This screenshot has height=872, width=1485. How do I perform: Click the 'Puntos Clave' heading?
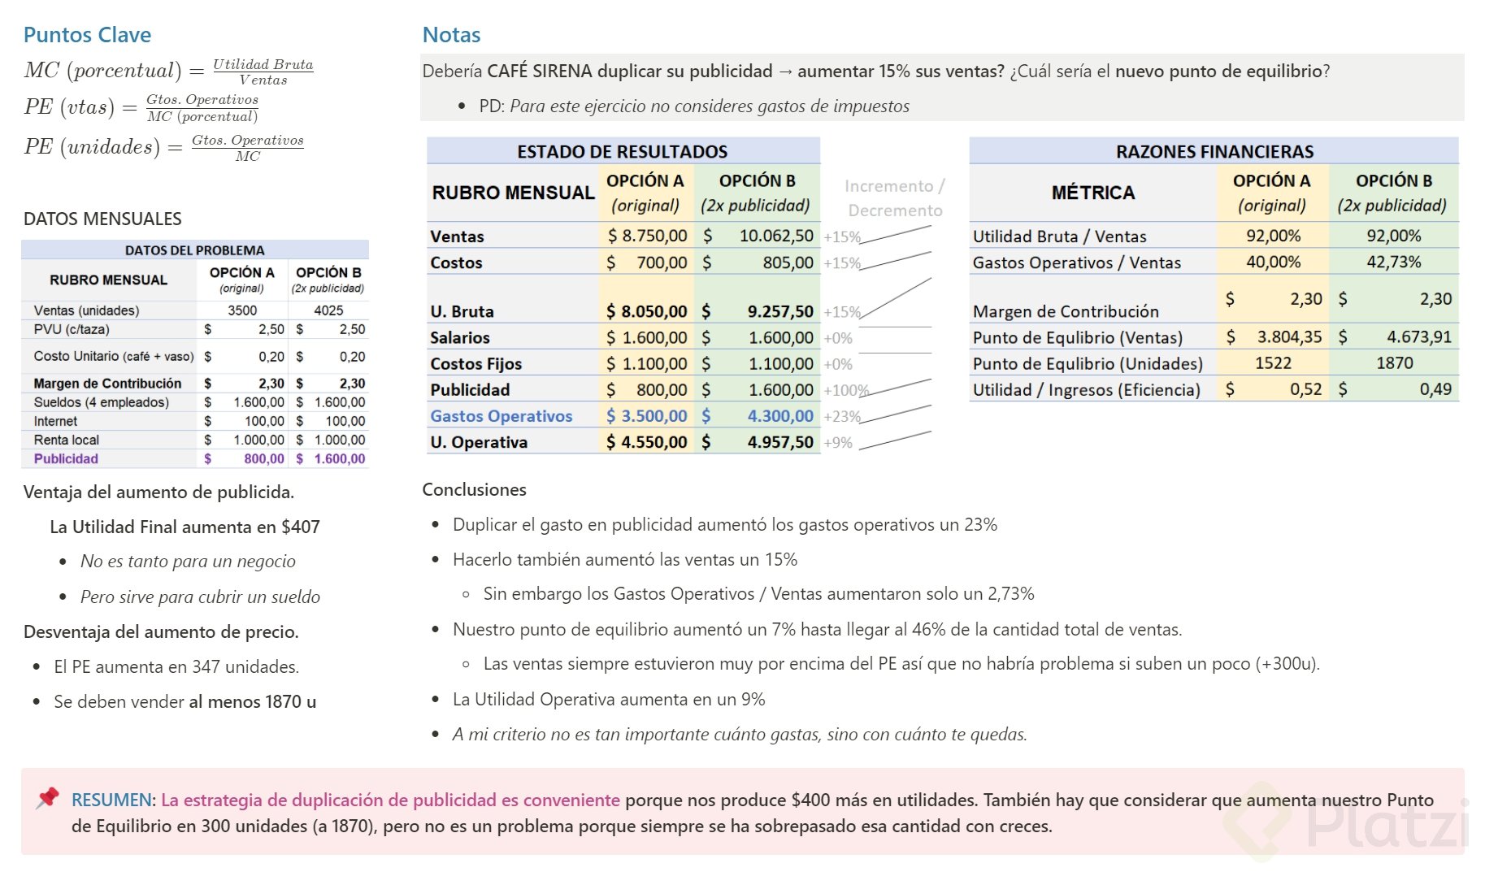pos(87,35)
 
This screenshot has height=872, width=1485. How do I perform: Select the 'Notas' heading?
pos(451,35)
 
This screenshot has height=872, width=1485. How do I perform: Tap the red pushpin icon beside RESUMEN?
pos(48,798)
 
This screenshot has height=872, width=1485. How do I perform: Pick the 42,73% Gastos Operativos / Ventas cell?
pos(1393,262)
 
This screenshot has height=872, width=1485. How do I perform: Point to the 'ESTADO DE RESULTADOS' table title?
pos(622,151)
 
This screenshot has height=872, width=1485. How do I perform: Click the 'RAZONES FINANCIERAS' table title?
pos(1214,151)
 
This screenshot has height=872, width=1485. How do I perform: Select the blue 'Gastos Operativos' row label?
pos(501,416)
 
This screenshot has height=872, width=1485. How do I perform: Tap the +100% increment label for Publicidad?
pos(845,391)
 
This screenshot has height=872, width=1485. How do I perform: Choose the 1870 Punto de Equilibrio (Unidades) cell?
pos(1394,363)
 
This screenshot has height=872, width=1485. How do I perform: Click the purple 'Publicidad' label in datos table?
pos(66,459)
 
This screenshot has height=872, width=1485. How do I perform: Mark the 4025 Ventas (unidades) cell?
pos(328,310)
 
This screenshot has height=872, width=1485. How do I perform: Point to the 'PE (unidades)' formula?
pos(163,147)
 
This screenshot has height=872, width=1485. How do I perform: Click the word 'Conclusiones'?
pos(474,489)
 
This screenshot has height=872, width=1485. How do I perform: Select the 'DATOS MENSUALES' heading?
pos(102,219)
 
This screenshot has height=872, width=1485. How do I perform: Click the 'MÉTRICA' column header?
pos(1092,193)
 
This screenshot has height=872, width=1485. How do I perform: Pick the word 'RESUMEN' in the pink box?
pos(111,800)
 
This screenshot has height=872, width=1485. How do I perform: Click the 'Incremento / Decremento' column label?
pos(894,198)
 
